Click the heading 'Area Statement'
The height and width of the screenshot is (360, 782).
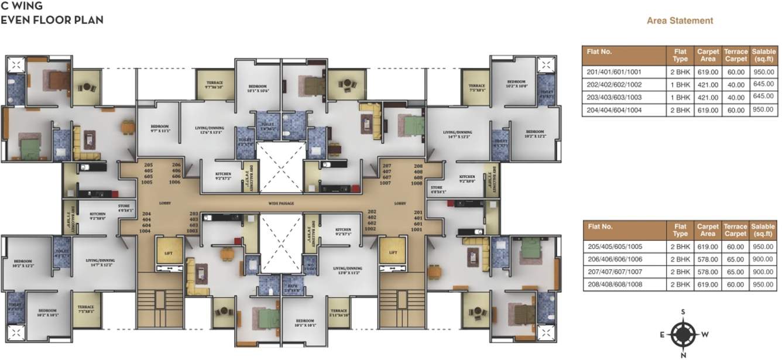[x=680, y=20]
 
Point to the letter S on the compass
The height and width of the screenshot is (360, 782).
[x=682, y=311]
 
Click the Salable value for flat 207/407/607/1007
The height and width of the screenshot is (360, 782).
[x=763, y=272]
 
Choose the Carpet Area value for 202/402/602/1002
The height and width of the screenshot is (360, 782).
[x=708, y=84]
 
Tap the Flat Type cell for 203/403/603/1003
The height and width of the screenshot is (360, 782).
[x=680, y=97]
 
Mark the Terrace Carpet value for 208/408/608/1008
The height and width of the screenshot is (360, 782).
[x=735, y=284]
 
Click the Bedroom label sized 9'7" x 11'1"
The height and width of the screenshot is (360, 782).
[x=160, y=129]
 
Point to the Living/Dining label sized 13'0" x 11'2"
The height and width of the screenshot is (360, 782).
[x=349, y=271]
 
